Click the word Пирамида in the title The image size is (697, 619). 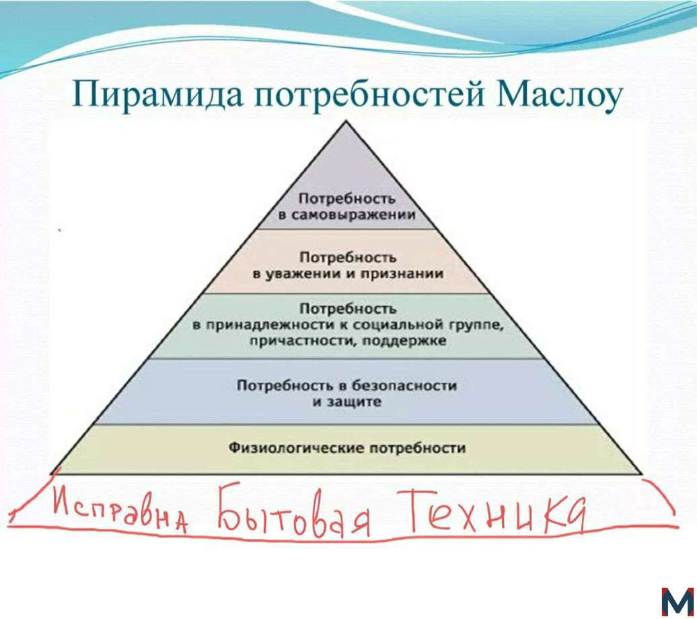point(157,95)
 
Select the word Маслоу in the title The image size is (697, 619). point(559,96)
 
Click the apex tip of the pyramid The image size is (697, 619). point(346,120)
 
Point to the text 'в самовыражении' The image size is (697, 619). point(346,215)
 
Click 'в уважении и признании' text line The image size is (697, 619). point(348,273)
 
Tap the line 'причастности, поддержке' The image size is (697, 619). point(348,341)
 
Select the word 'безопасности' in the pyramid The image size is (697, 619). point(404,385)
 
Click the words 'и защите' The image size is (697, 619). point(346,402)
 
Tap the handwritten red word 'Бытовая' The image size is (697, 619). point(293,511)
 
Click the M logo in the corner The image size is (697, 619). point(677,602)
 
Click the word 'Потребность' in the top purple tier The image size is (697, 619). point(346,198)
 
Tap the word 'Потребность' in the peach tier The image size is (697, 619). point(348,257)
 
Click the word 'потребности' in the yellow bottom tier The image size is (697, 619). point(418,447)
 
